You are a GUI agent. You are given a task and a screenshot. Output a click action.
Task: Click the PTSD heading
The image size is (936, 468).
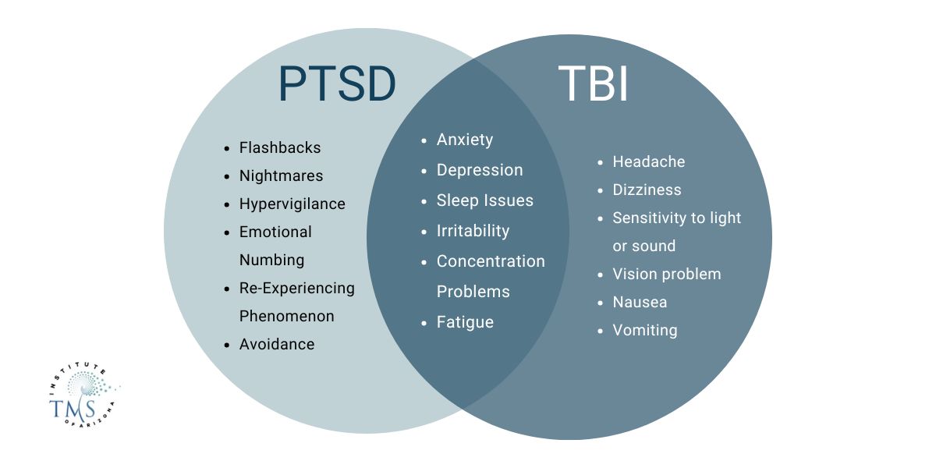pos(337,84)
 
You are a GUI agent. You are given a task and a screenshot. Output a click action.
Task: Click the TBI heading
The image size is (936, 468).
pos(594,84)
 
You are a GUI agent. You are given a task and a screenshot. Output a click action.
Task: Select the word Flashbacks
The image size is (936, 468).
pos(280,147)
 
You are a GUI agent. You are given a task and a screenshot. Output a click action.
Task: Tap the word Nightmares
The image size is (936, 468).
pos(281,175)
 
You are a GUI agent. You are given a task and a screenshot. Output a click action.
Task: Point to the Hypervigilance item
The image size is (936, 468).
pos(292,204)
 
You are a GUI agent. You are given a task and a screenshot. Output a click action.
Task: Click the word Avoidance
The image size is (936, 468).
pos(277,344)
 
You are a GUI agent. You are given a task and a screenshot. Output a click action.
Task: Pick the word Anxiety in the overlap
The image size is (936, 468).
pos(465,140)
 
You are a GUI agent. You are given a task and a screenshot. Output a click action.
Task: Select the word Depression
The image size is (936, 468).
pos(480,170)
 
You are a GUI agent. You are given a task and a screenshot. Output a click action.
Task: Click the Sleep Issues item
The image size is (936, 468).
pos(485,200)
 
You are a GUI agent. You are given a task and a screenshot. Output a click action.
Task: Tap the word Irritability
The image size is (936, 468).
pos(473,231)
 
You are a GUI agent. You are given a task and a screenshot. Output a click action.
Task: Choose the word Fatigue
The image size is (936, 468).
pos(465,322)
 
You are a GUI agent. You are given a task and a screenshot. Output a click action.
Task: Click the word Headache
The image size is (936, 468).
pos(649,161)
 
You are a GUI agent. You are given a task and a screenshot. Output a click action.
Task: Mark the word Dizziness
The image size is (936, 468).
pos(647,190)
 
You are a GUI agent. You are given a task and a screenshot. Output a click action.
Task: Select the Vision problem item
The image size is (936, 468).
pos(667,274)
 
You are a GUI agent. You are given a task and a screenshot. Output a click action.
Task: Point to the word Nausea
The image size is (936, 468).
pos(640,302)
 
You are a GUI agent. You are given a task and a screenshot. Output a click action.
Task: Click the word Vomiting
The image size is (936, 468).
pos(645,330)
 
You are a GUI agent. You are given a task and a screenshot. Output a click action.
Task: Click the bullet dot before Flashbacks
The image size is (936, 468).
pos(226,148)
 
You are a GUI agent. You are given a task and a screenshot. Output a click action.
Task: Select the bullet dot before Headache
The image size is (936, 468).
pos(600,162)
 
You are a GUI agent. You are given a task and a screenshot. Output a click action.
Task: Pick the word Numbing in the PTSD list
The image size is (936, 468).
pos(271,260)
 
